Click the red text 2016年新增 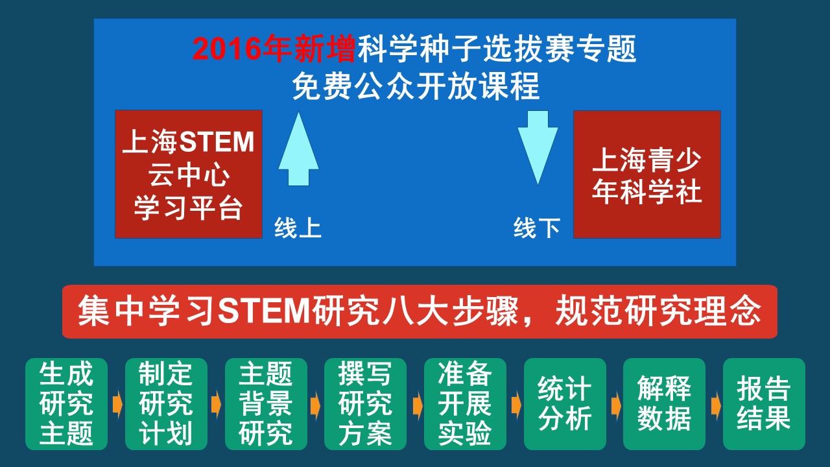[x=274, y=49]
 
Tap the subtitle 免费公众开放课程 [x=416, y=86]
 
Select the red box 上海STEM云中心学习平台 [x=189, y=174]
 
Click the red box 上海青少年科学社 [x=647, y=174]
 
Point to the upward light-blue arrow [x=299, y=149]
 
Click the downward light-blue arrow [x=538, y=147]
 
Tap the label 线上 [x=298, y=228]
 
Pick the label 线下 [x=536, y=228]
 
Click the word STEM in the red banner [x=264, y=311]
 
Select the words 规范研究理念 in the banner [x=658, y=311]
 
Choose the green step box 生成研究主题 [x=66, y=404]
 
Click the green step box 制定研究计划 [x=166, y=404]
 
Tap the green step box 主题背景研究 [x=266, y=404]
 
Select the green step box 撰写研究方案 [x=365, y=404]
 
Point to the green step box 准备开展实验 [x=465, y=404]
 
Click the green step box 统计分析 [x=565, y=404]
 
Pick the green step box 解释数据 [x=665, y=404]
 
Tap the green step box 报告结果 [x=764, y=404]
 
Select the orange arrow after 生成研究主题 [x=117, y=405]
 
